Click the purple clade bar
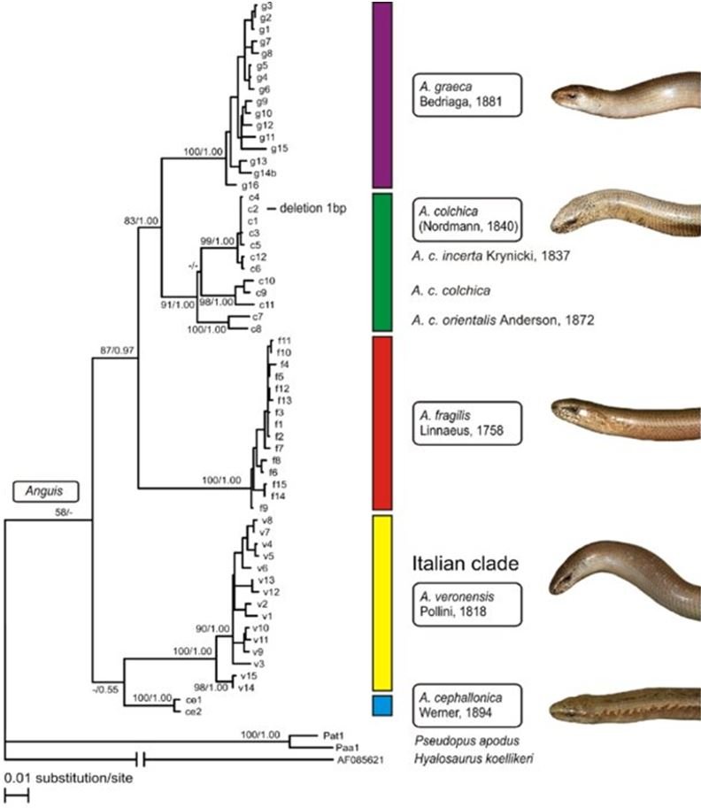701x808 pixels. pos(381,94)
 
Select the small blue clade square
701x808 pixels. pos(381,704)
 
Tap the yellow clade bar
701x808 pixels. pos(381,602)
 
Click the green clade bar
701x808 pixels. pos(381,261)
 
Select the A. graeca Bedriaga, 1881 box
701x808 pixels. pos(466,94)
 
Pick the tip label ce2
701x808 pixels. pos(193,711)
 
